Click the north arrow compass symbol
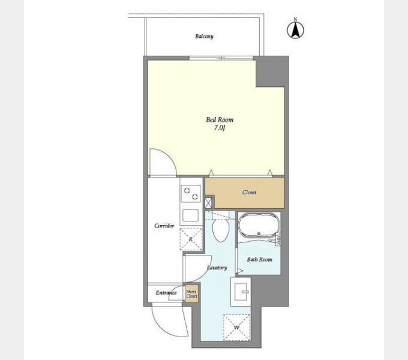click(295, 29)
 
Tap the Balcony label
click(204, 37)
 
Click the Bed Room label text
click(220, 119)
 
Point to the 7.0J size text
click(220, 128)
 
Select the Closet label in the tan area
click(249, 192)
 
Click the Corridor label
click(164, 226)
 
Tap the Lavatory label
click(217, 268)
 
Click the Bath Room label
click(259, 259)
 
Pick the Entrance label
click(166, 293)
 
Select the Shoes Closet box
click(191, 294)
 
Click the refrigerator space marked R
click(191, 239)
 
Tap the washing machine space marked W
click(236, 328)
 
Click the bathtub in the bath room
click(259, 225)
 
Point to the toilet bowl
click(221, 230)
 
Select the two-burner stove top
click(191, 194)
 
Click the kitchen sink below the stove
click(190, 215)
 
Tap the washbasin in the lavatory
click(241, 292)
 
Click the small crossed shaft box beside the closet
click(208, 203)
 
